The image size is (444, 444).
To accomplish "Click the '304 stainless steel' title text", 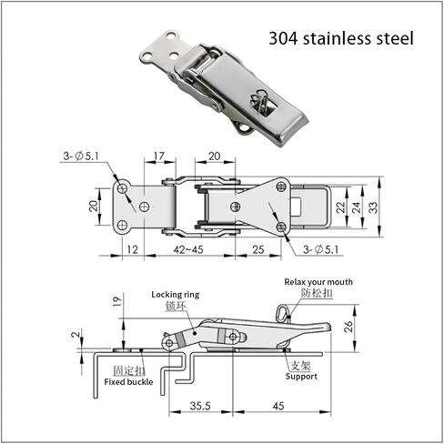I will pyautogui.click(x=341, y=39).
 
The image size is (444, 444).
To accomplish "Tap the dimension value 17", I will pyautogui.click(x=159, y=156).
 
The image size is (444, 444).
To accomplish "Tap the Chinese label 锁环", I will pyautogui.click(x=175, y=308).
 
